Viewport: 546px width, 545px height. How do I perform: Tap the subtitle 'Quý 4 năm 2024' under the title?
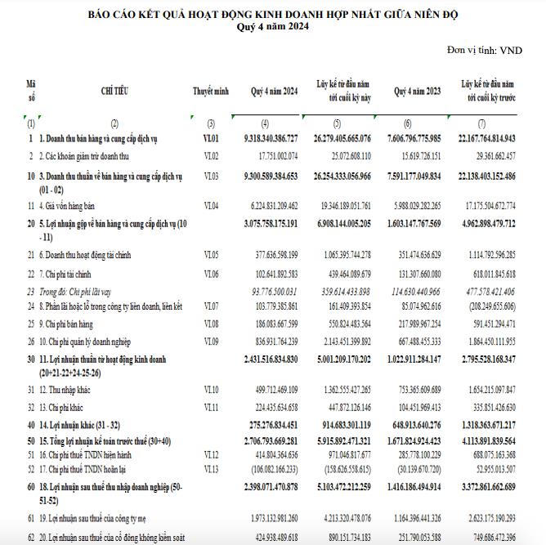pyautogui.click(x=274, y=26)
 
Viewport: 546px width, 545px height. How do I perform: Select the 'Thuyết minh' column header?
pyautogui.click(x=211, y=91)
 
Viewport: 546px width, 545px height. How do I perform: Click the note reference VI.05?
pyautogui.click(x=212, y=255)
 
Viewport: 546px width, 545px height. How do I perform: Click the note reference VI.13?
pyautogui.click(x=212, y=469)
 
